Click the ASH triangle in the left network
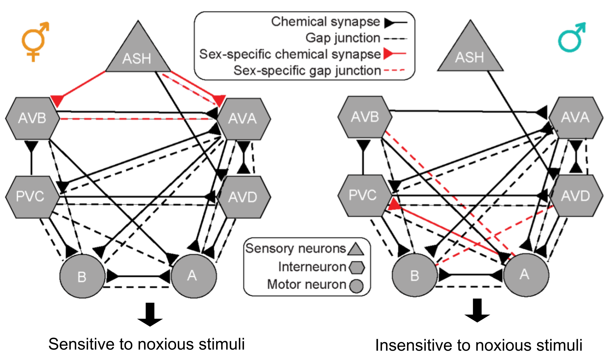[x=138, y=53]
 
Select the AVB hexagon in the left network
[x=32, y=118]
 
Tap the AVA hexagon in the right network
[x=576, y=117]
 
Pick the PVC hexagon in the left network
[x=31, y=196]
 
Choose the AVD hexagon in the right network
[x=576, y=196]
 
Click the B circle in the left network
[x=82, y=276]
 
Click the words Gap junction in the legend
[x=343, y=38]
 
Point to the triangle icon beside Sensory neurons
[x=356, y=249]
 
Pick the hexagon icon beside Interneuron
[x=357, y=267]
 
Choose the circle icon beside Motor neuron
[x=356, y=286]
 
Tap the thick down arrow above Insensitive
[x=477, y=311]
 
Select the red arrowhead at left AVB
[x=57, y=100]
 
